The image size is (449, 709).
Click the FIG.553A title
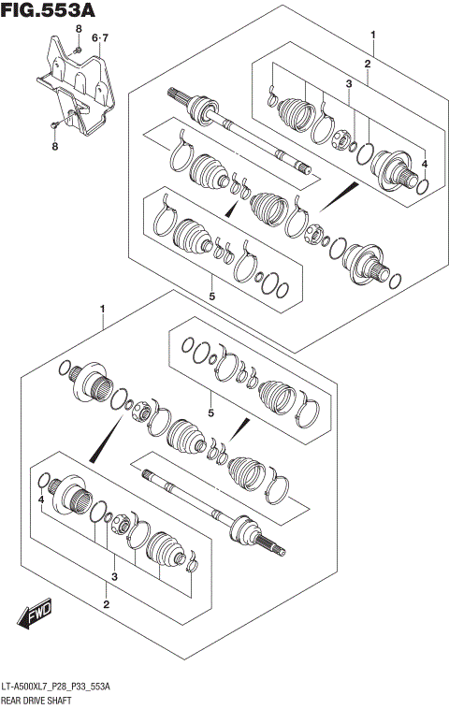(x=48, y=12)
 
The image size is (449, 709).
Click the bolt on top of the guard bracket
(x=79, y=49)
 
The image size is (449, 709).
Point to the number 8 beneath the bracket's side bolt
(x=54, y=146)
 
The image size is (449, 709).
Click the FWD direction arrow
(x=35, y=615)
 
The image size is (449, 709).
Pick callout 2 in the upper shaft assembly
(x=368, y=64)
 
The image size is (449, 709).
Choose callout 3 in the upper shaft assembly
(x=347, y=85)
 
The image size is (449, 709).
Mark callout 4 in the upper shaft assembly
(x=424, y=165)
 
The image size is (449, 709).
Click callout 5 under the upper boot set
(x=212, y=297)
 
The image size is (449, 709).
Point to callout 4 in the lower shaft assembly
(x=41, y=501)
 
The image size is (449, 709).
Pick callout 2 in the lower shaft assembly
(x=106, y=604)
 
